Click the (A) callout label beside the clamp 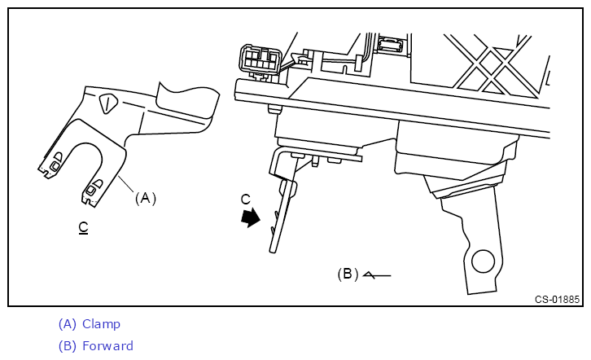tap(145, 198)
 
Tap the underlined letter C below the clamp tap(83, 226)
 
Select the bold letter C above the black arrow tap(246, 199)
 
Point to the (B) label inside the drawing tap(348, 274)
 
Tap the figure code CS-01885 tap(557, 299)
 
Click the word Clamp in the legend tap(101, 324)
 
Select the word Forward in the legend tap(107, 346)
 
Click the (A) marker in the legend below tap(68, 324)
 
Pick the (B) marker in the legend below tap(68, 346)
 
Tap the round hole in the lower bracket tap(481, 261)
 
